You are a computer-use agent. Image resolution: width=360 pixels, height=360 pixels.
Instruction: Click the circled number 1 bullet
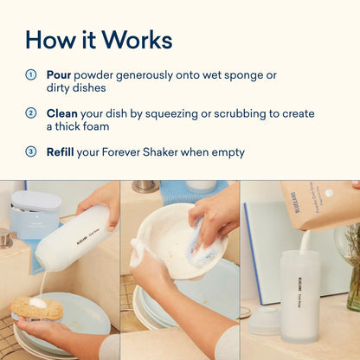(x=31, y=75)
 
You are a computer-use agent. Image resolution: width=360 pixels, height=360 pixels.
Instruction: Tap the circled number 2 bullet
(x=31, y=113)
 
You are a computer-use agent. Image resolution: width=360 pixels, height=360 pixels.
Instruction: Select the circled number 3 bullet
(x=31, y=151)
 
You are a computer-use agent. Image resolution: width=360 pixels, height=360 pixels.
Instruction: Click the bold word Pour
(x=59, y=75)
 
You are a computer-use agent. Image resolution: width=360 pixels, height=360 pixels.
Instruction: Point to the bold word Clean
(x=62, y=113)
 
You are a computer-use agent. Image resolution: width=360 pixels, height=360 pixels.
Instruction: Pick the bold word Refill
(x=61, y=152)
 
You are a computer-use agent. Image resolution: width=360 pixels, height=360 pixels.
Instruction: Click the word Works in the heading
(x=137, y=40)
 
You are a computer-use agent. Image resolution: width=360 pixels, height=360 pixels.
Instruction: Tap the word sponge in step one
(x=241, y=76)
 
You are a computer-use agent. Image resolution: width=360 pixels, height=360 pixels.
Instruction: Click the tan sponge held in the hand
(x=37, y=309)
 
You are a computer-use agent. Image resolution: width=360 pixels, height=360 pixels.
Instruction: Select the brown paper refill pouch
(x=320, y=205)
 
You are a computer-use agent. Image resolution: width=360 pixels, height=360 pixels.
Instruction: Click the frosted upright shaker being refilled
(x=300, y=296)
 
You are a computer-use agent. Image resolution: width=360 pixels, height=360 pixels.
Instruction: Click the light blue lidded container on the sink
(x=35, y=214)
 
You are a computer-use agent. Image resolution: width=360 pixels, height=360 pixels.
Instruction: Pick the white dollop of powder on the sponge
(x=38, y=302)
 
